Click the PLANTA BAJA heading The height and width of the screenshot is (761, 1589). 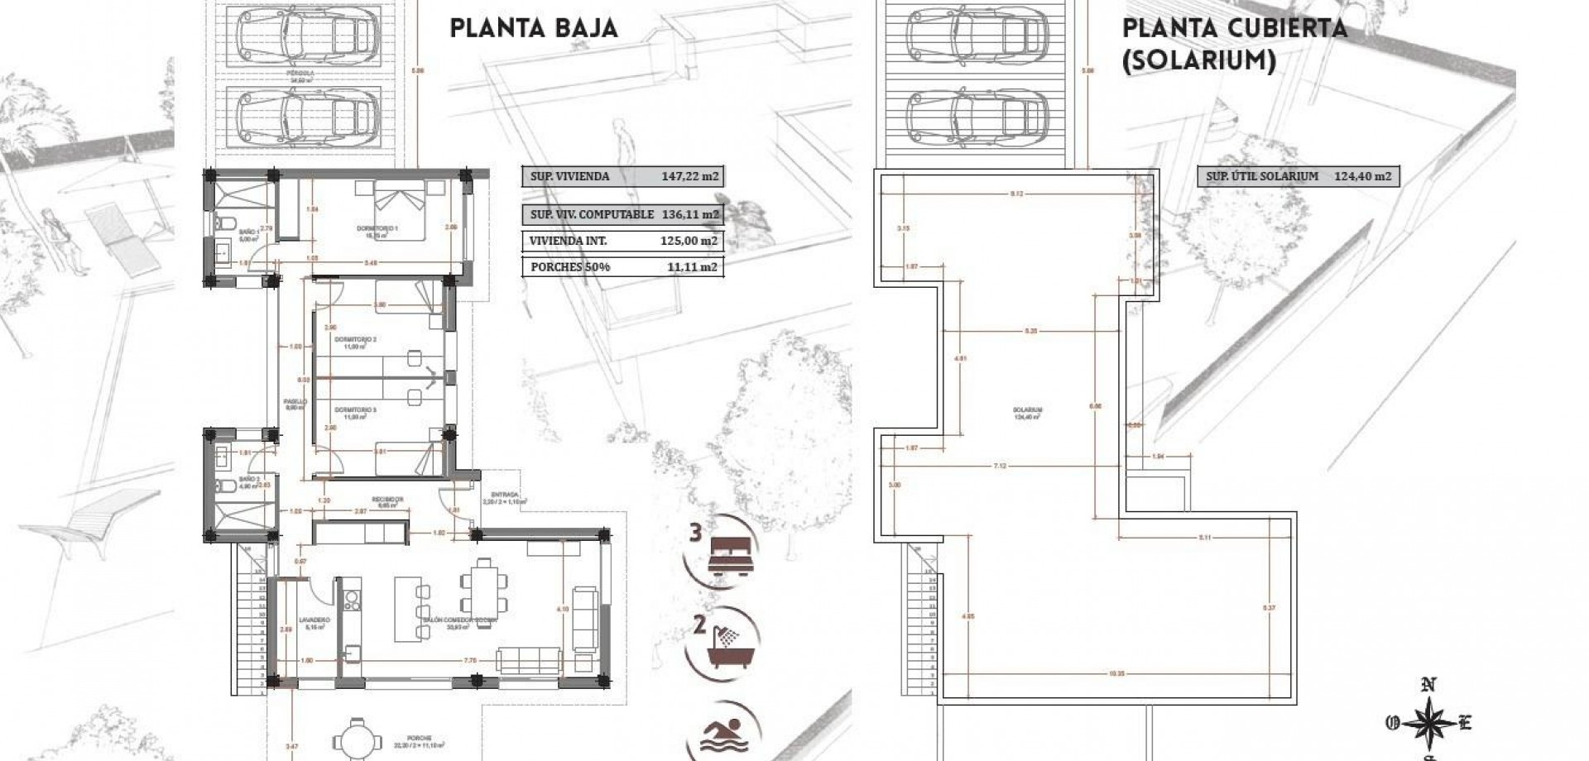pos(534,28)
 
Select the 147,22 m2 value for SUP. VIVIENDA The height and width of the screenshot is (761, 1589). pos(689,176)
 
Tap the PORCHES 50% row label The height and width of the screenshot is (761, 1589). pos(559,266)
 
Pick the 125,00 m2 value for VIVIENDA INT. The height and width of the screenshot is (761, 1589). pos(689,241)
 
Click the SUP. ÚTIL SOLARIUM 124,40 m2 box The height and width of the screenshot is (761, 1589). pos(1298,176)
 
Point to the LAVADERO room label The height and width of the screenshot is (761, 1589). pos(314,620)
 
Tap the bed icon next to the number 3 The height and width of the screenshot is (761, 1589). pos(730,552)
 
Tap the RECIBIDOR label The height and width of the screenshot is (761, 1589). pos(387,499)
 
